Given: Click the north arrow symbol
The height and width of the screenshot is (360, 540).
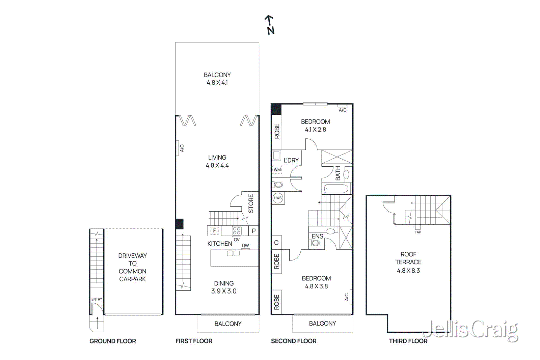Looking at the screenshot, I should coord(270,25).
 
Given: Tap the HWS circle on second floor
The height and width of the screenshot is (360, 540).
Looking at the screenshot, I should coord(277,198).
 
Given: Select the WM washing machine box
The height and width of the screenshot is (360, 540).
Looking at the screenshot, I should coord(277,170).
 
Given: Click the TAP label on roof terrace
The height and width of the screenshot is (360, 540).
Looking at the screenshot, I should coord(418,232).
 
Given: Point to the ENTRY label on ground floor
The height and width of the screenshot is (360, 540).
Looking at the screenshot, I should coord(97,299).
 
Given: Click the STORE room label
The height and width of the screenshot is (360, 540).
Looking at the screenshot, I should coord(251,203).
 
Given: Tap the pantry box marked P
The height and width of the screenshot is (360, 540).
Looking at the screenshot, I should coord(254,231).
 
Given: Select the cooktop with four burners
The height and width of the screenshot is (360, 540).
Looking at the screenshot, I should coord(237,231).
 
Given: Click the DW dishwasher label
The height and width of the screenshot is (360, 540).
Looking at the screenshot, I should coord(245,246).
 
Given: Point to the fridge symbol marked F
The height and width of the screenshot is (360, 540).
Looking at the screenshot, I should coord(215,231).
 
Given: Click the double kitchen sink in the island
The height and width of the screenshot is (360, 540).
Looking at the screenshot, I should coord(233,253).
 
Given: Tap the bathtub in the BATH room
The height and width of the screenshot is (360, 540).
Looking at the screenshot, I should coord(336,189).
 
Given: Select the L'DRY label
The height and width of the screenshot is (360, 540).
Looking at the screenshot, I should coord(291,160).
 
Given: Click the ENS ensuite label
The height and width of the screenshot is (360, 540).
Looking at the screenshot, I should coord(317,236).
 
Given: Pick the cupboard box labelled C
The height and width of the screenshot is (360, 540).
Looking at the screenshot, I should coord(276,243).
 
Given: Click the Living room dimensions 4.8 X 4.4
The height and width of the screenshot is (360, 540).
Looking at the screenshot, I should coord(217,165).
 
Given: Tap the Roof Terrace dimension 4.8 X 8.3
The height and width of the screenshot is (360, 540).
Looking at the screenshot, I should coord(408,271).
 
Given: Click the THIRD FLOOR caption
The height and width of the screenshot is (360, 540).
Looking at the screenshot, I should coord(408,341).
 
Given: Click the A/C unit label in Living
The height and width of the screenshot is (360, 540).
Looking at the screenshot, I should coord(182,148).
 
